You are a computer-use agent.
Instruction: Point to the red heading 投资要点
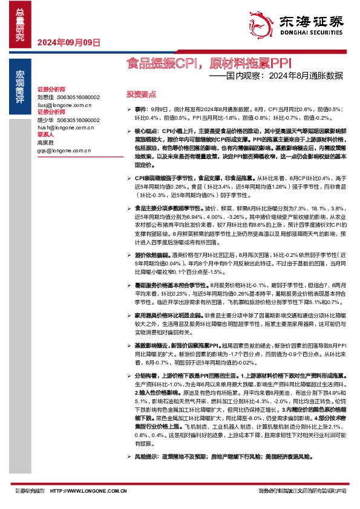pyautogui.click(x=140, y=94)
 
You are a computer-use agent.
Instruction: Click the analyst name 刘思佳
pyautogui.click(x=45, y=97)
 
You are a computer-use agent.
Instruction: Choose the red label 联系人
pyautogui.click(x=46, y=135)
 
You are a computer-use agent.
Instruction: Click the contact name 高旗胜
pyautogui.click(x=45, y=143)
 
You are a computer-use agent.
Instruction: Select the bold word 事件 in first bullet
pyautogui.click(x=140, y=109)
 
